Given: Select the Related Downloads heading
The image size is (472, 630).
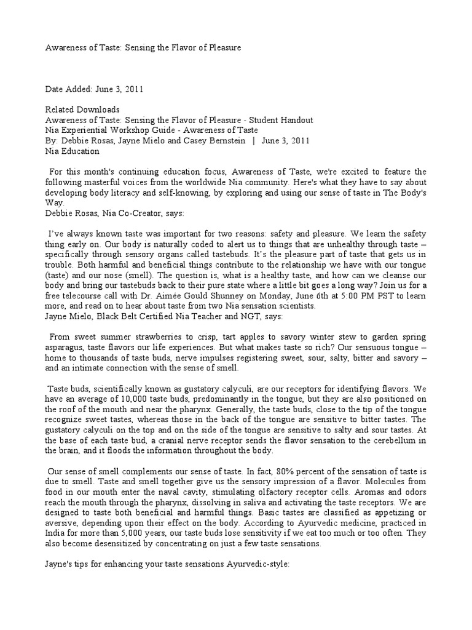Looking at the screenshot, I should (83, 110).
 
